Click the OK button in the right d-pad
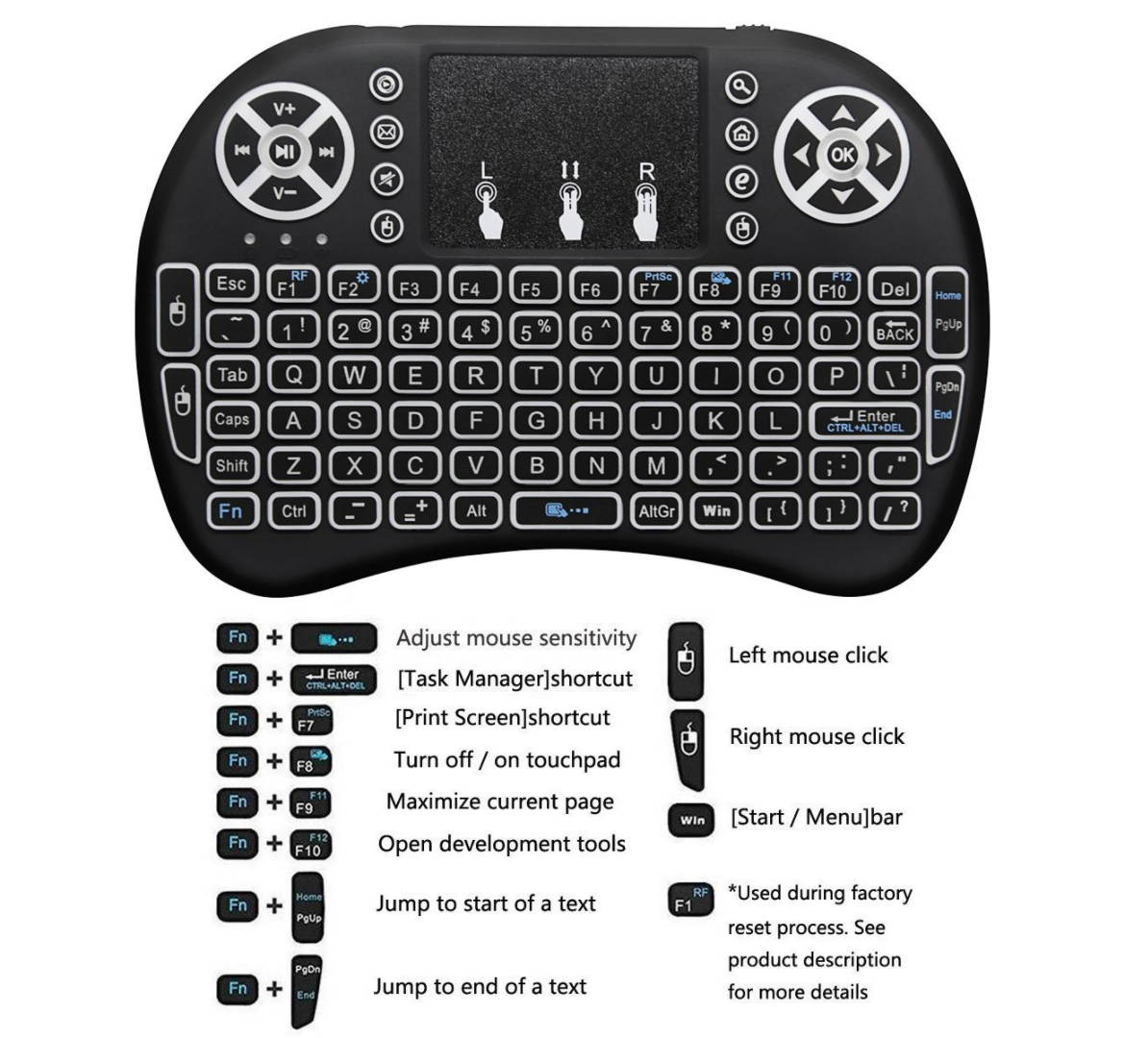tap(841, 154)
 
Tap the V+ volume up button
tap(285, 109)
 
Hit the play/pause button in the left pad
tap(284, 151)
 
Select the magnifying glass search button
tap(740, 87)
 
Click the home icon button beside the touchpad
tap(740, 134)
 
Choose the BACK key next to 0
tap(894, 331)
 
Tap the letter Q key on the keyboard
tap(294, 375)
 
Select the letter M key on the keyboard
tap(657, 466)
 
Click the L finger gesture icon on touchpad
tap(488, 202)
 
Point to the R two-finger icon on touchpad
tap(646, 202)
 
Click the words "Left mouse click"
tap(808, 655)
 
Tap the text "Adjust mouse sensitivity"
tap(516, 638)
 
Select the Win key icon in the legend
tap(691, 820)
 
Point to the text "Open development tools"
tap(501, 844)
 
